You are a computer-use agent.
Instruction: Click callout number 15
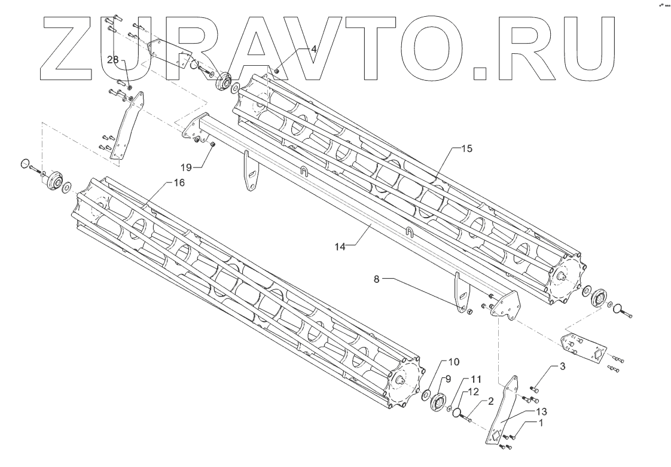click(x=466, y=148)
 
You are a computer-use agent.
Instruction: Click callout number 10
click(x=454, y=362)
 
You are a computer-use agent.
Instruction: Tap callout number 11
click(x=475, y=379)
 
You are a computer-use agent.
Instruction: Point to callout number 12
click(x=473, y=392)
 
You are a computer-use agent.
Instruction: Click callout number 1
click(x=541, y=422)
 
